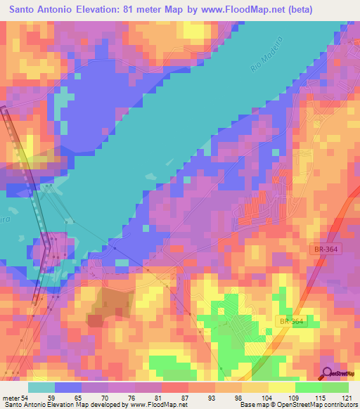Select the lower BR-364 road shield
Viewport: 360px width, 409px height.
(290, 321)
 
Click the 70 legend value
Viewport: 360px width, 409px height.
(110, 398)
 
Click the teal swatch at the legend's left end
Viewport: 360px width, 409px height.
(41, 387)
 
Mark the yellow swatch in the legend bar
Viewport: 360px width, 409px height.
(282, 387)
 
